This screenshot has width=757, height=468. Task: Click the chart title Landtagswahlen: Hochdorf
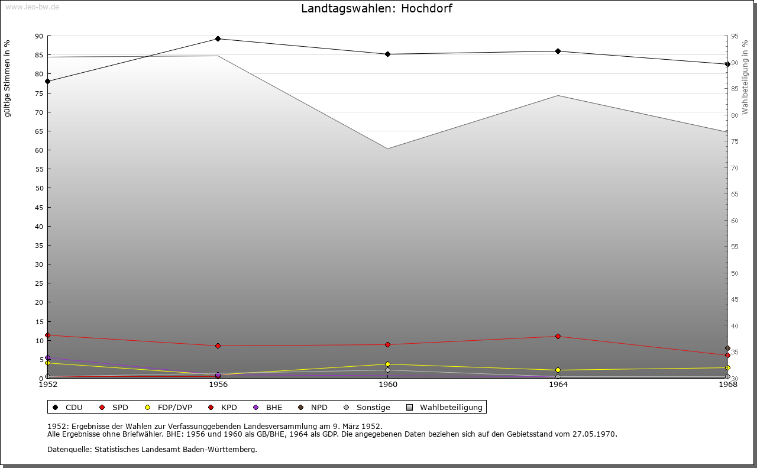click(x=377, y=8)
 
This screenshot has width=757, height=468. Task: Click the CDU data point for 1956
click(x=218, y=39)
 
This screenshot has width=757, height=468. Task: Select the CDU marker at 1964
click(x=558, y=51)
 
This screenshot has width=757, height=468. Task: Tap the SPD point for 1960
click(x=387, y=344)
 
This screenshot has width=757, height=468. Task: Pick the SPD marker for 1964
click(x=558, y=336)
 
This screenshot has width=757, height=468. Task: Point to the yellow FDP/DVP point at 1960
click(x=387, y=364)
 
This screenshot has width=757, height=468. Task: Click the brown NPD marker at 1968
click(x=727, y=348)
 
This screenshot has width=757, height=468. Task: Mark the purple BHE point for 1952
click(x=48, y=358)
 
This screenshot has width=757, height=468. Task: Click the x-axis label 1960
click(x=388, y=385)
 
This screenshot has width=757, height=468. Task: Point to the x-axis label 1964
click(x=558, y=385)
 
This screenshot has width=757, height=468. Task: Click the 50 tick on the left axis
click(x=39, y=188)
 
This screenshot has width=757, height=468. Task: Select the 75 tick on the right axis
click(x=735, y=141)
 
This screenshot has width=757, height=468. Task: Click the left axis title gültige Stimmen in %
click(x=8, y=78)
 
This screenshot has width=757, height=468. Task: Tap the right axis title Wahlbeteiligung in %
click(x=745, y=77)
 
